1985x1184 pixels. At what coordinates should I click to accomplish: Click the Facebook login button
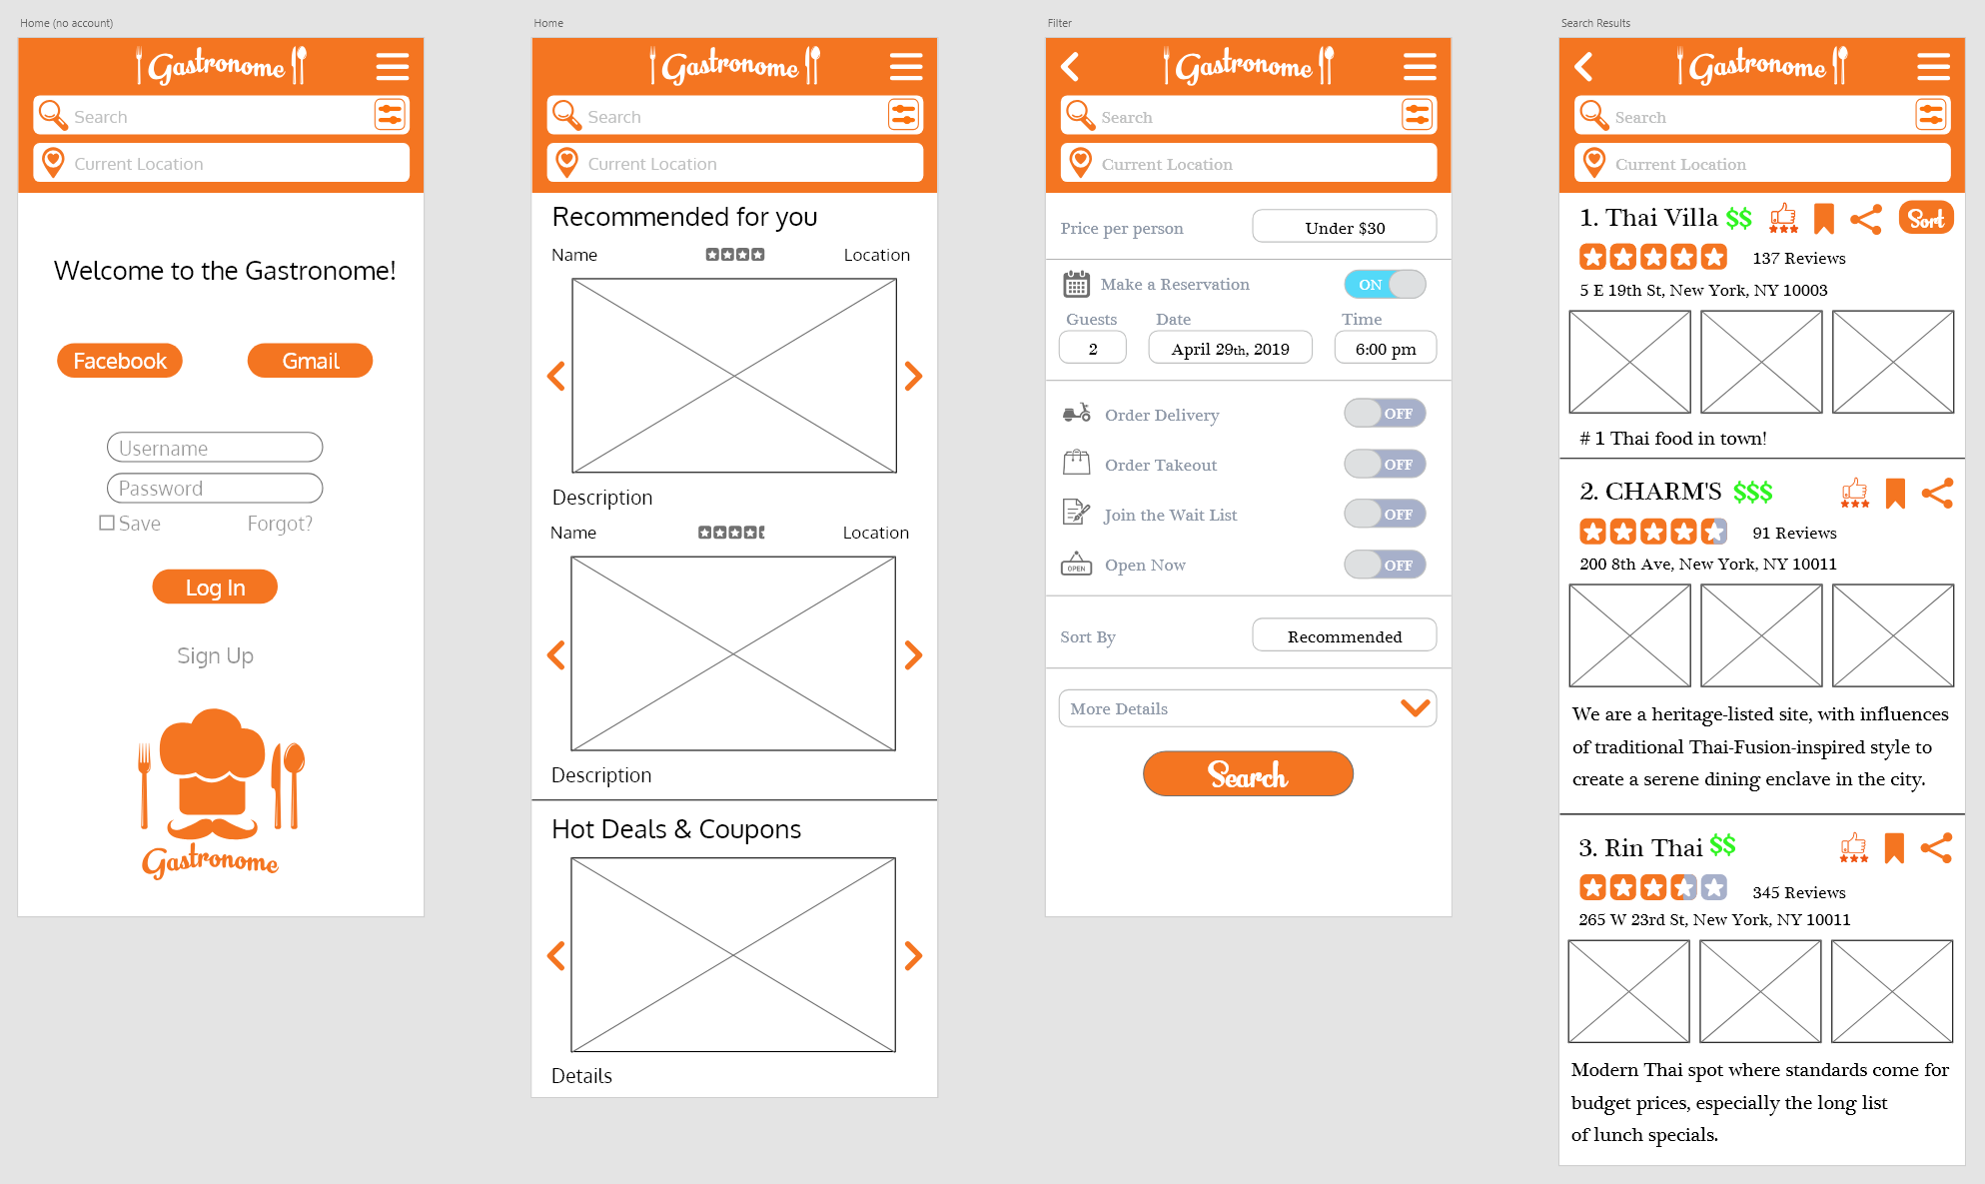(x=120, y=361)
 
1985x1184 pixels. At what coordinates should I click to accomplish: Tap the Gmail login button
(x=310, y=361)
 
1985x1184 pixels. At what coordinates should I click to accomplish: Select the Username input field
(x=215, y=448)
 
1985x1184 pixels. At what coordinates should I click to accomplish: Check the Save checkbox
(x=107, y=523)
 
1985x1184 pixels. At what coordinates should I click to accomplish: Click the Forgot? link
(x=280, y=524)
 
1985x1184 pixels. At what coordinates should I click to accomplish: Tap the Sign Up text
(x=215, y=655)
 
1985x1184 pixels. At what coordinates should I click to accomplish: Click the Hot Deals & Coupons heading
(x=676, y=829)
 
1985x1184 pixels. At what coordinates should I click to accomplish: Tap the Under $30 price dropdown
(x=1345, y=227)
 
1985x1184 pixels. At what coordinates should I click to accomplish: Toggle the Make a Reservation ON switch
(x=1385, y=285)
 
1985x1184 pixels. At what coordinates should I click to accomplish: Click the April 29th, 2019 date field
(x=1231, y=348)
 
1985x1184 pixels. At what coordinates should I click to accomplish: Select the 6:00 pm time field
(x=1386, y=348)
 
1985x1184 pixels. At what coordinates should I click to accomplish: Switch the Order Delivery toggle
(x=1385, y=414)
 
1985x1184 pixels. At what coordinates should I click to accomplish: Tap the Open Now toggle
(x=1385, y=565)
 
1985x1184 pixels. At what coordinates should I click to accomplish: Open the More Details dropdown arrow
(x=1416, y=708)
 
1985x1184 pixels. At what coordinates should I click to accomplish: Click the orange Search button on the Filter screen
(x=1248, y=774)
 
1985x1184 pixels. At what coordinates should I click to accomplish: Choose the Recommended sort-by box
(x=1345, y=635)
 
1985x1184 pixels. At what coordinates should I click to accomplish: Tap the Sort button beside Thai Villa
(x=1926, y=219)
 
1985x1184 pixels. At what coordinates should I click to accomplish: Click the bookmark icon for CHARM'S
(x=1895, y=493)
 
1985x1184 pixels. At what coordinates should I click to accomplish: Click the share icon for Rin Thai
(x=1936, y=848)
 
